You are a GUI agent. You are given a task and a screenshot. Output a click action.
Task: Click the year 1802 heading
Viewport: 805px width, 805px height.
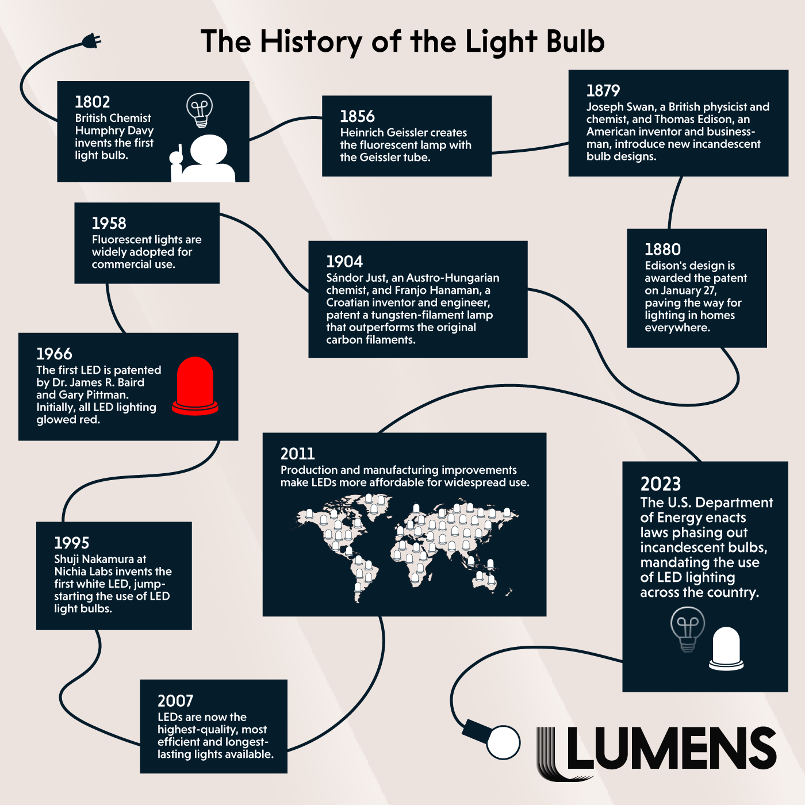coord(93,102)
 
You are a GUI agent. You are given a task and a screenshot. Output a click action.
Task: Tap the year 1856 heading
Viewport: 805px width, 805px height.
coord(357,117)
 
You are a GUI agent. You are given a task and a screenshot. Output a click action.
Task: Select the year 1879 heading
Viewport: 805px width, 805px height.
coord(603,91)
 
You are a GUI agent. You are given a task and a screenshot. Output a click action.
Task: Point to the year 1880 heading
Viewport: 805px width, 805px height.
coord(662,250)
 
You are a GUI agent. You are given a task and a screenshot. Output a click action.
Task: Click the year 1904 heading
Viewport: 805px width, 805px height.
coord(344,262)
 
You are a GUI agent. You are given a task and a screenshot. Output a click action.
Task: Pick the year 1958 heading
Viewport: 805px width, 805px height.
coord(109,224)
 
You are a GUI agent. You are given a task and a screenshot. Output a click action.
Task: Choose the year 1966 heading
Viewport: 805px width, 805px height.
coord(54,354)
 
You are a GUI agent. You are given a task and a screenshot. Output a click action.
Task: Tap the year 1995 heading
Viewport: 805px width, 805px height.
coord(71,543)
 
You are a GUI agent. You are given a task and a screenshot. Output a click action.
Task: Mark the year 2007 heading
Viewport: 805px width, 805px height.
coord(175,701)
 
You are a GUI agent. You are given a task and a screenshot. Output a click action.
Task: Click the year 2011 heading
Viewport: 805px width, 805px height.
coord(297,454)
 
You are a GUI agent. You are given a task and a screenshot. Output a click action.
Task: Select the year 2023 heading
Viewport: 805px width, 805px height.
coord(661,484)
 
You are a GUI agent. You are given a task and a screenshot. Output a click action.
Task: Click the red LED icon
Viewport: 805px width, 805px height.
coord(195,386)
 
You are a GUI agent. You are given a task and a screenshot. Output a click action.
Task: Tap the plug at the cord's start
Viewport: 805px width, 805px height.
coord(91,41)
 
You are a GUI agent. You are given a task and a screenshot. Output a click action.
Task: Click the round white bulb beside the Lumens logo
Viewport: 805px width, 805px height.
coord(503,742)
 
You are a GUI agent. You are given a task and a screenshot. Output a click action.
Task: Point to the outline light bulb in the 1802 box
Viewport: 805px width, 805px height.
coord(200,110)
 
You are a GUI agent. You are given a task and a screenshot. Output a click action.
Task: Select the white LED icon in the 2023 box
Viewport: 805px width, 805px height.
coord(726,649)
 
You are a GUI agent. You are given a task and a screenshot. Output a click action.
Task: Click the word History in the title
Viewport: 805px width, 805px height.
coord(311,42)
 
